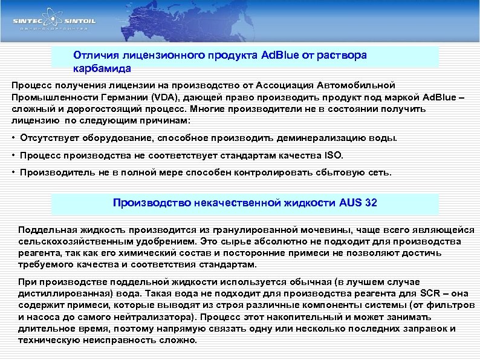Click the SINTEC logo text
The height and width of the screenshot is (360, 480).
tap(30, 21)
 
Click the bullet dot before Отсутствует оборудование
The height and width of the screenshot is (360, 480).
tap(14, 138)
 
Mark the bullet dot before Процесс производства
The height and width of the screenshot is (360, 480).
tap(14, 155)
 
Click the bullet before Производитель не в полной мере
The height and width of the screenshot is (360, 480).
tap(14, 172)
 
